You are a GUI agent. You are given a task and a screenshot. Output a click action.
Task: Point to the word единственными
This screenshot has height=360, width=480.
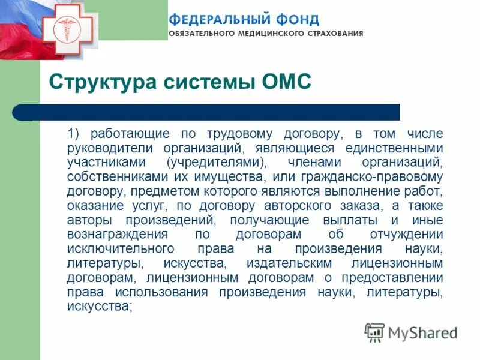point(394,148)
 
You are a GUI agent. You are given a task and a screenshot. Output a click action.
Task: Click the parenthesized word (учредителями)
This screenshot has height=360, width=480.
point(217,162)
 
